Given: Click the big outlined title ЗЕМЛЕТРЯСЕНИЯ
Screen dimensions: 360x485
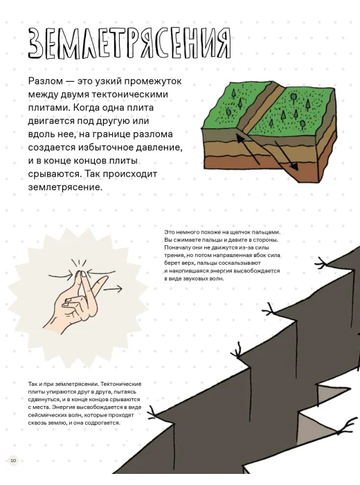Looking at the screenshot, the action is [129, 43].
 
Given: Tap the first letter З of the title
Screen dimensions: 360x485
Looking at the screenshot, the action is [35, 44].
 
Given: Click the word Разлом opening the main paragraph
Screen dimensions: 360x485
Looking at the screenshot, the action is [46, 81].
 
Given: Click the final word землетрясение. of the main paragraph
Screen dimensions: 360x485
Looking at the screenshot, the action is [65, 188].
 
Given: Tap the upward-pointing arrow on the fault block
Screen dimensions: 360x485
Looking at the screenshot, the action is [248, 147].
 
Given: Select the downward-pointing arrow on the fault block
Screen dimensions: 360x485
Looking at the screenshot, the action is [287, 156].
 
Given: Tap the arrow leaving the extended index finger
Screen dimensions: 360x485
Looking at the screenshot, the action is [113, 289].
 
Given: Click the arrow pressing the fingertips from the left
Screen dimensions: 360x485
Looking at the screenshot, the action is [61, 274].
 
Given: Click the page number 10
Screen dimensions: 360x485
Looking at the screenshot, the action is [14, 460].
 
